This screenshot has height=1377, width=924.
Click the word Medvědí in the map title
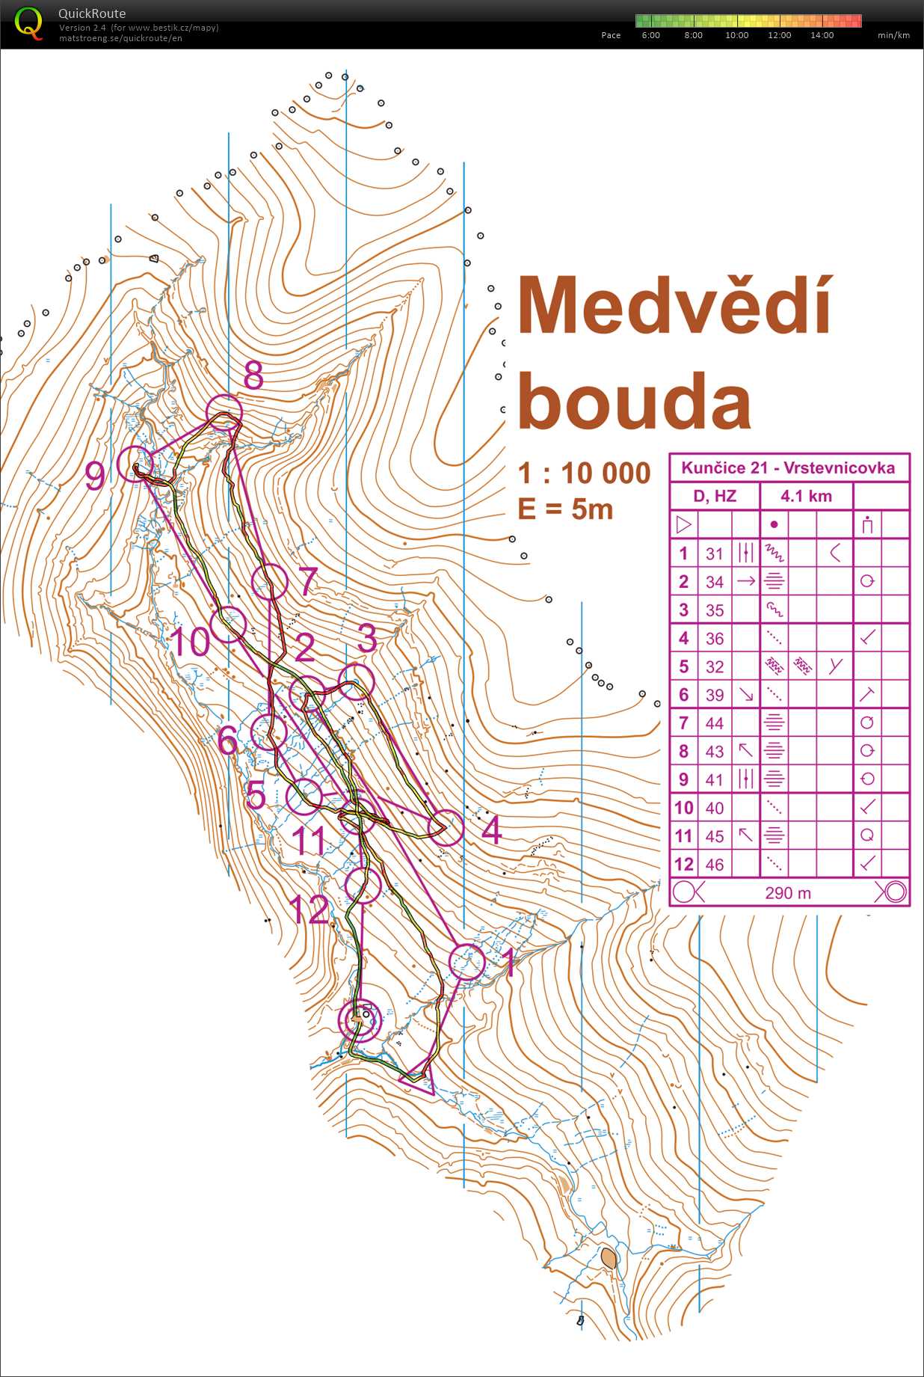[x=674, y=306]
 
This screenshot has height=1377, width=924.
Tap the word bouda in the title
[x=634, y=402]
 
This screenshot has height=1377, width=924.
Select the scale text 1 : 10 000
[x=585, y=473]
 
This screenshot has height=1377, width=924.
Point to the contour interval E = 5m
[x=565, y=509]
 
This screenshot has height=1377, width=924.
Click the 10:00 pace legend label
[x=736, y=35]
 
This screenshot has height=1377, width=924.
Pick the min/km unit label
[x=893, y=35]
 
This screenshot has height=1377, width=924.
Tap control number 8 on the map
[x=253, y=375]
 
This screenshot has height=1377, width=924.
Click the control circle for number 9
[x=135, y=464]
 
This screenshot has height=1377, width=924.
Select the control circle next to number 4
[x=446, y=827]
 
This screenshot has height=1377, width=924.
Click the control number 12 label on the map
[x=308, y=910]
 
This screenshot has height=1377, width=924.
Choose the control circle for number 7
[x=269, y=582]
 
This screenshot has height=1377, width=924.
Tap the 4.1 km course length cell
[x=806, y=496]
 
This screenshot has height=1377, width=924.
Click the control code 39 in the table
[x=715, y=695]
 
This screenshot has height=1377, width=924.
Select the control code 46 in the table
[x=715, y=865]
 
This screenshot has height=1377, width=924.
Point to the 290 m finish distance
[x=788, y=892]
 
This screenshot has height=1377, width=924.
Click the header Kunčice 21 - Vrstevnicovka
[x=788, y=468]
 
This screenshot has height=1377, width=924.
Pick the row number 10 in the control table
[x=683, y=808]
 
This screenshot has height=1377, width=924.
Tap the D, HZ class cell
[x=715, y=496]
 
